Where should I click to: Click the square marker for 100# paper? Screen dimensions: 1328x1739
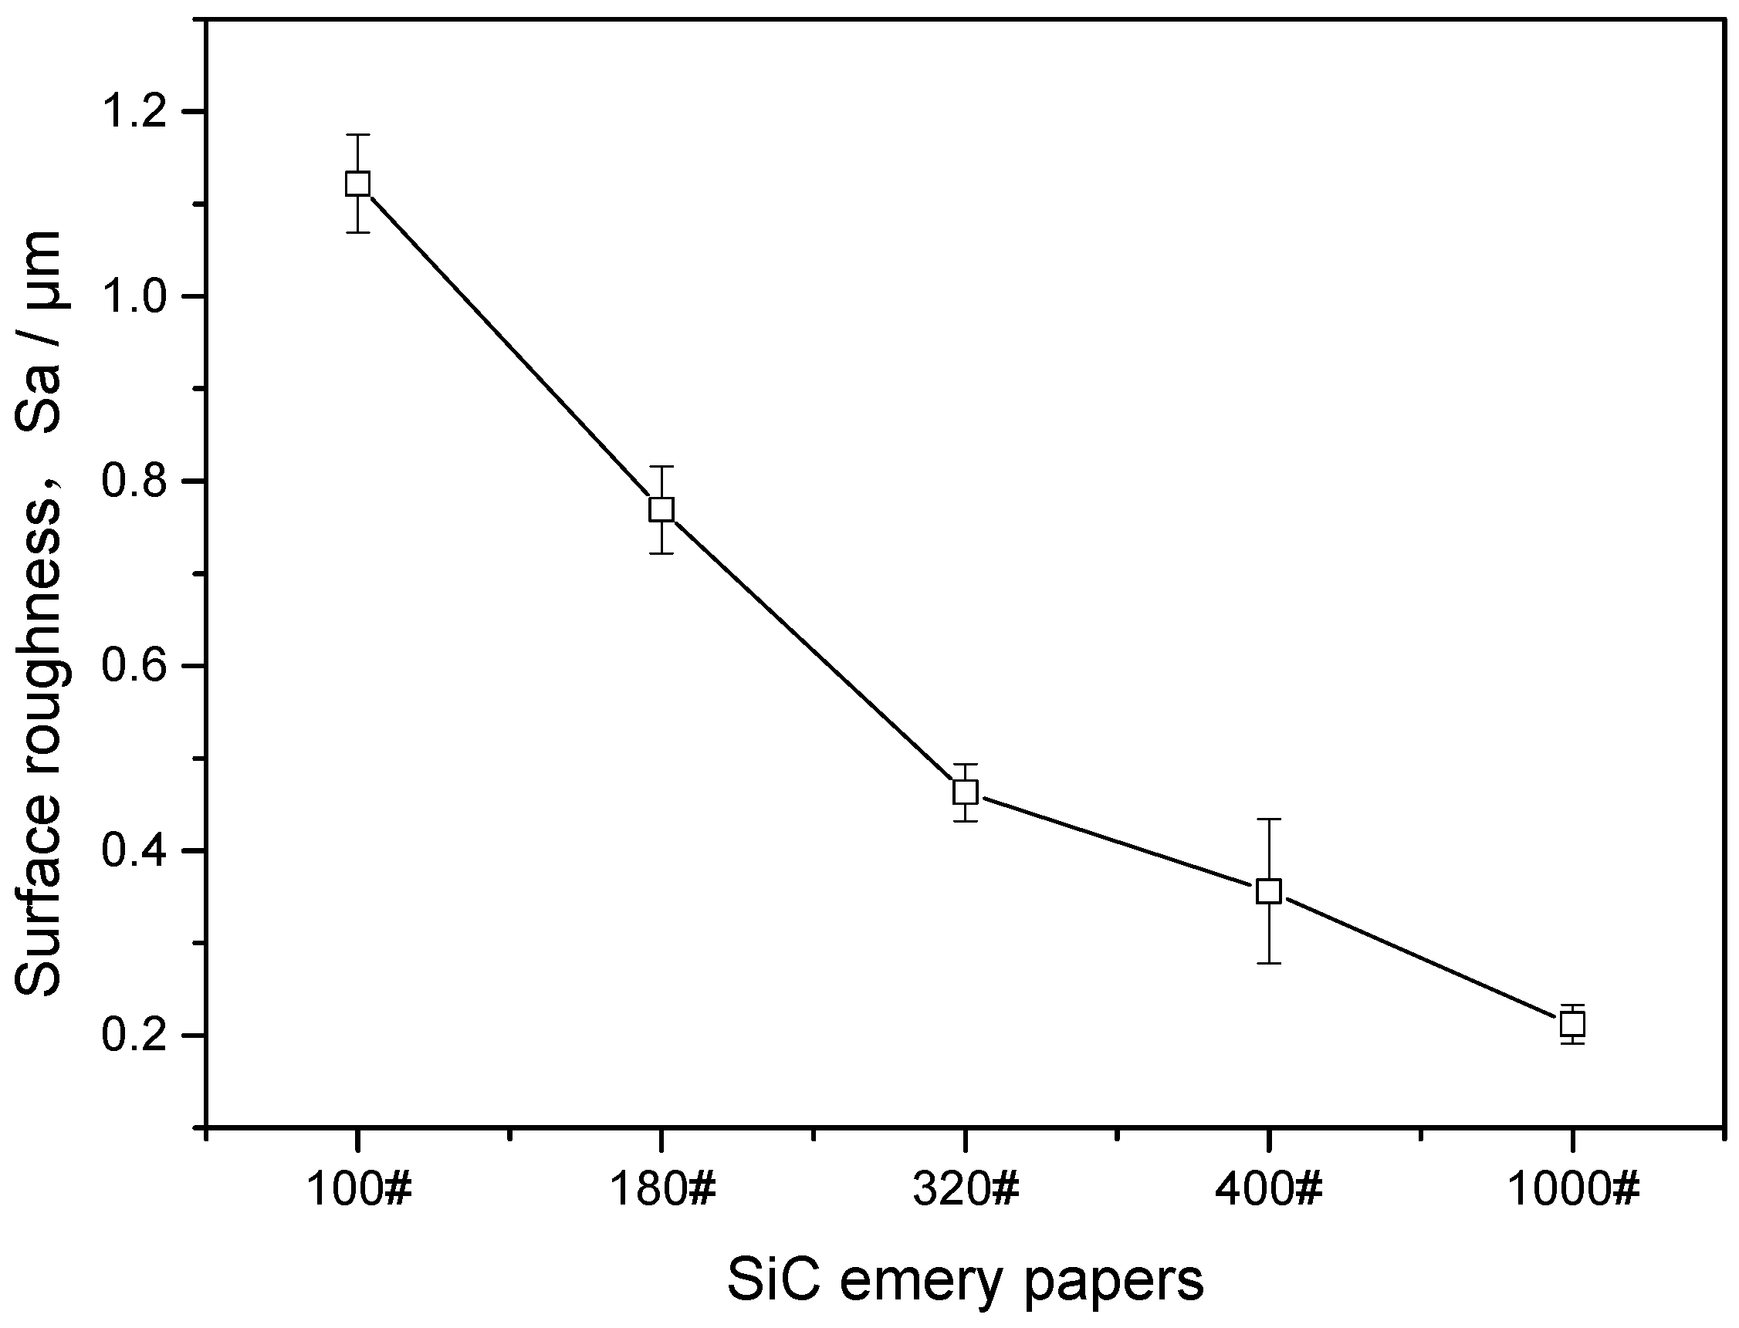(x=357, y=184)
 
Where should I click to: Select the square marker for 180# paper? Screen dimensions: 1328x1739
(x=661, y=509)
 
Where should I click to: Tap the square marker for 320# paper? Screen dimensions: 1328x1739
(x=965, y=791)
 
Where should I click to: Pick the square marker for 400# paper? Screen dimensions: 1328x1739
(x=1268, y=891)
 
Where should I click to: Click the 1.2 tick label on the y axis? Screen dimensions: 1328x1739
(x=136, y=111)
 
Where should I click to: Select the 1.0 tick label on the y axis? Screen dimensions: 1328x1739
(x=136, y=296)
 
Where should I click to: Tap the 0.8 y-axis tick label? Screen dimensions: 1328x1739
(x=136, y=482)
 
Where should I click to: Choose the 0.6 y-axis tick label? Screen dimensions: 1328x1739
(x=136, y=667)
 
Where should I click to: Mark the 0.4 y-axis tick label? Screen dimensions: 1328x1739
(x=136, y=851)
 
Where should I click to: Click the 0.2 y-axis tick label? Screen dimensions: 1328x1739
(x=136, y=1036)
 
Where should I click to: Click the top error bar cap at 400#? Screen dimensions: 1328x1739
(x=1268, y=819)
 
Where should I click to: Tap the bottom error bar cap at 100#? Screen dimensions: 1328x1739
(x=357, y=232)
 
